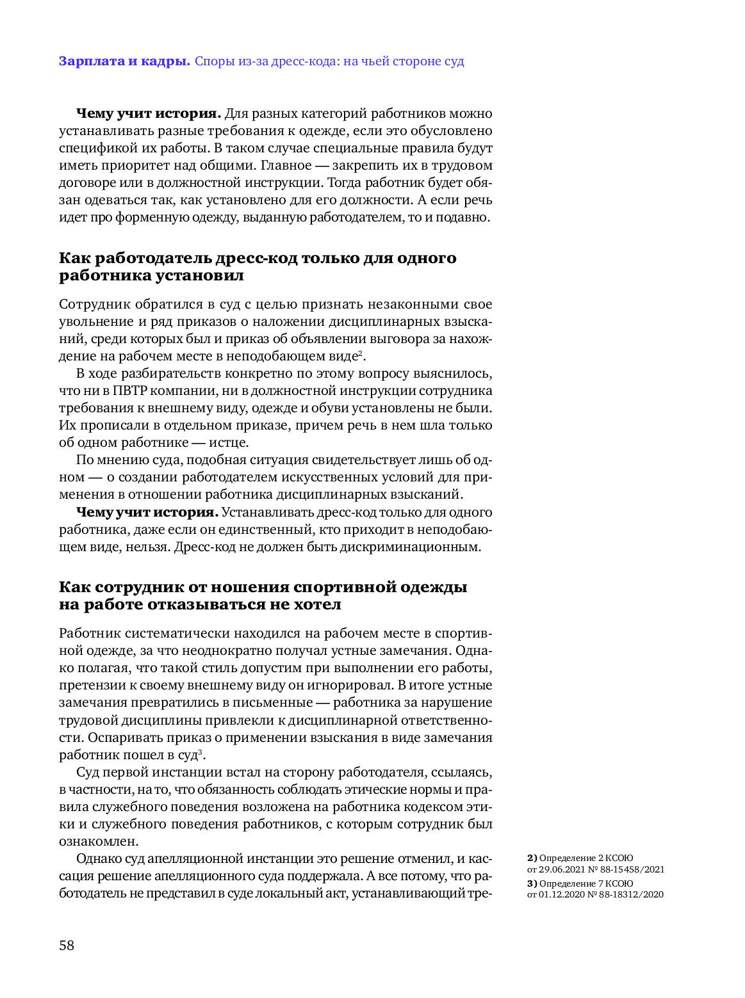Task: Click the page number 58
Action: coord(67,946)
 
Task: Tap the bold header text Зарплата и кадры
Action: coord(124,61)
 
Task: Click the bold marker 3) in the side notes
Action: coord(532,883)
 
